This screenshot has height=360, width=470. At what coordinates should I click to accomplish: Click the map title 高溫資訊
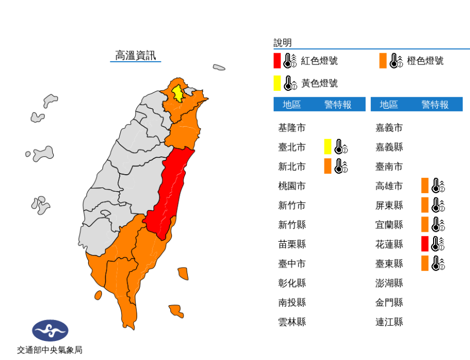click(x=136, y=55)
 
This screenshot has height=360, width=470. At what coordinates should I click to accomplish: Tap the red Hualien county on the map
click(x=172, y=190)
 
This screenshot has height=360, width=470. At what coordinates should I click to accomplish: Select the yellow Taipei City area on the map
click(x=179, y=93)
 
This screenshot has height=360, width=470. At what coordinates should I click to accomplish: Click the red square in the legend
click(x=277, y=61)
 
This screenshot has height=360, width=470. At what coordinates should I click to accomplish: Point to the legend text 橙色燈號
click(x=425, y=61)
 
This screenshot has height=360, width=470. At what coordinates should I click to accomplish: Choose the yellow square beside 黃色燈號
click(x=277, y=83)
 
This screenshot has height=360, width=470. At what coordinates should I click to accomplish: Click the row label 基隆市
click(x=292, y=128)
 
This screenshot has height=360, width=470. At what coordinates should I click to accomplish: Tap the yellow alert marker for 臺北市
click(x=328, y=147)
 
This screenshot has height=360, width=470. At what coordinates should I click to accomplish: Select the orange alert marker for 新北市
click(x=328, y=166)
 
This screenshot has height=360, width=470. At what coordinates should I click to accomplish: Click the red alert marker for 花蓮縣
click(x=425, y=244)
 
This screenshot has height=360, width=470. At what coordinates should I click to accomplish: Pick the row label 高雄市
click(x=389, y=186)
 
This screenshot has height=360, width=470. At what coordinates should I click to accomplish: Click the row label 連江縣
click(x=389, y=321)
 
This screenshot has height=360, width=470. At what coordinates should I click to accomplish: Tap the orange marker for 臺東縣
click(x=425, y=263)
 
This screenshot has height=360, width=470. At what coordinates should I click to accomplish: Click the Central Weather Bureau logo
click(x=50, y=331)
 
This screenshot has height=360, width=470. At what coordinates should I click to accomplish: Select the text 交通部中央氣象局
click(x=50, y=349)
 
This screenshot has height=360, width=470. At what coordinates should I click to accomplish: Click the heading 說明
click(x=283, y=43)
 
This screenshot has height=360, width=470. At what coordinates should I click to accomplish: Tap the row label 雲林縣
click(x=292, y=321)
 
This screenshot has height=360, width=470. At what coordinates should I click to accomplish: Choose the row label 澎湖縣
click(x=389, y=282)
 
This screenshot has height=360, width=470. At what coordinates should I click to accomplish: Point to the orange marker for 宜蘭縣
click(x=425, y=224)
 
